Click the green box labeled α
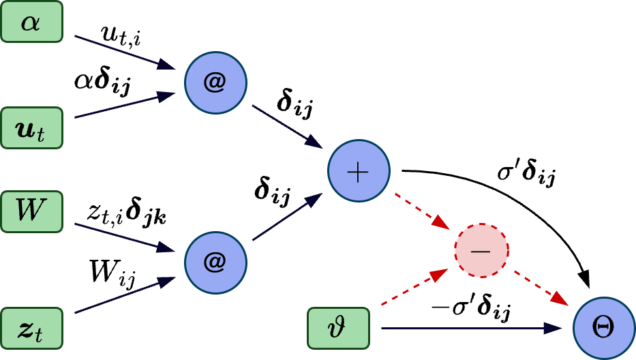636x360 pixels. point(31,22)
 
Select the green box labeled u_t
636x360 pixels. point(31,127)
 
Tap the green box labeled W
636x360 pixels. point(31,211)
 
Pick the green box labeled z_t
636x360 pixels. point(31,328)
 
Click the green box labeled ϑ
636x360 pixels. point(338,328)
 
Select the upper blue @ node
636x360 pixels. point(215,82)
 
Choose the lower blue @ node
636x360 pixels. point(215,262)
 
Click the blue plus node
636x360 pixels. point(359,171)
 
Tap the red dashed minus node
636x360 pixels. point(481,250)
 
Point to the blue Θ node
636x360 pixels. point(603,328)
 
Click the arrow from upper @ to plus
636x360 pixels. point(287,126)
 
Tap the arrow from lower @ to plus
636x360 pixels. point(287,217)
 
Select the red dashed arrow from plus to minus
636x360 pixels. point(421,211)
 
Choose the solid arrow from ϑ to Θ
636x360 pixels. point(470,328)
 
